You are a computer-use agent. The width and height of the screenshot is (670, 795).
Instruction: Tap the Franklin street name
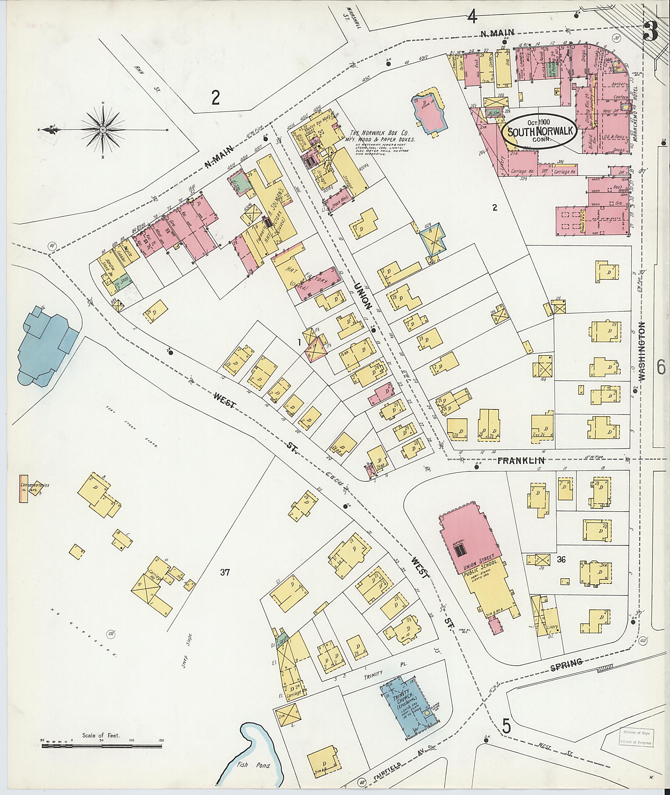(x=521, y=461)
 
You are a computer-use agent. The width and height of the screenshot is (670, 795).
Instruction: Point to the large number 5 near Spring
(x=507, y=727)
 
